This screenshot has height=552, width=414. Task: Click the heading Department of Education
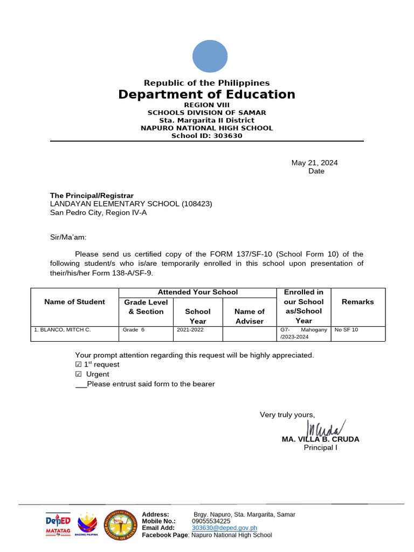click(207, 95)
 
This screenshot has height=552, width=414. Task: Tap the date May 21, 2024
click(314, 163)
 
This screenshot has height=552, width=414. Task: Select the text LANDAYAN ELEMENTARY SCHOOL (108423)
click(131, 204)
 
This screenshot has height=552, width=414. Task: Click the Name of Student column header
click(74, 302)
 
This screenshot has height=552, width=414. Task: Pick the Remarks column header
click(357, 302)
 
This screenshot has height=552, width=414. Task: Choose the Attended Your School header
click(197, 292)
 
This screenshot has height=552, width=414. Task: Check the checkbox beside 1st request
click(78, 365)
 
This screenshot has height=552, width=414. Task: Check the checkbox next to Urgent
click(78, 375)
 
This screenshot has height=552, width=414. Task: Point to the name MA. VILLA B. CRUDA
click(320, 439)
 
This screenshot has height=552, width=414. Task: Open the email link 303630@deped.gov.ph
click(224, 528)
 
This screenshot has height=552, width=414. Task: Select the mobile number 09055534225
click(211, 521)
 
